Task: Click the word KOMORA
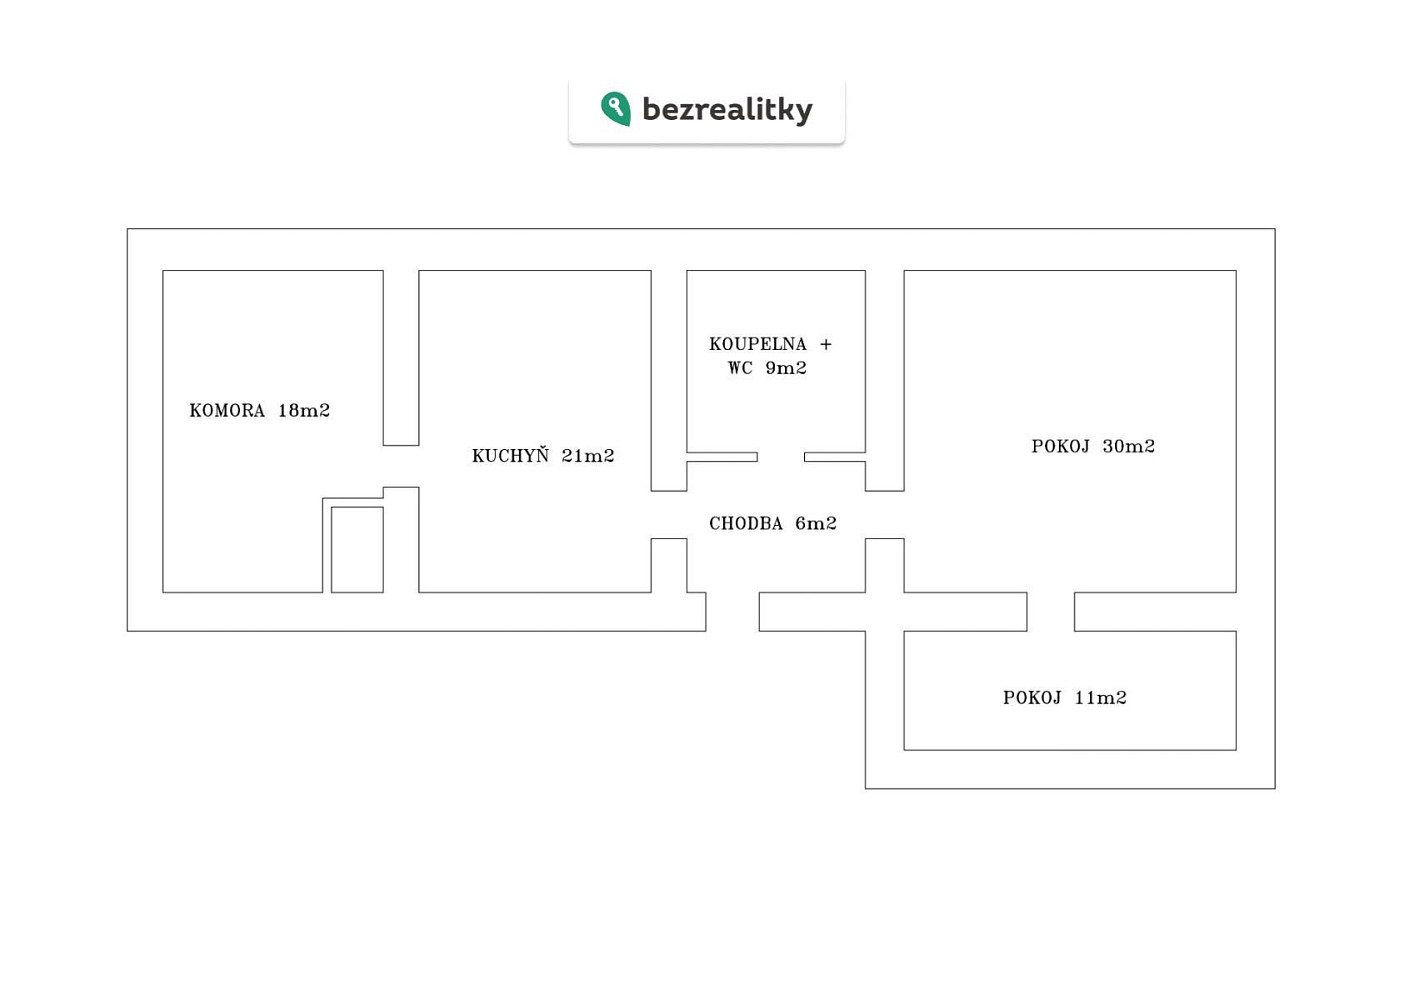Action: click(x=227, y=410)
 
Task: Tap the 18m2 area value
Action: click(x=304, y=410)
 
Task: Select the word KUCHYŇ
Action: click(x=510, y=455)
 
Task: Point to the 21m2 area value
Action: click(x=588, y=455)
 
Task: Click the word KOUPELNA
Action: click(x=758, y=344)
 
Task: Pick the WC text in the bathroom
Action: click(x=740, y=368)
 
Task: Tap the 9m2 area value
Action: click(x=786, y=368)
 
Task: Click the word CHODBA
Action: click(x=746, y=523)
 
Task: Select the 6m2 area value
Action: click(x=816, y=523)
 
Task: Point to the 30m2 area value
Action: click(x=1129, y=446)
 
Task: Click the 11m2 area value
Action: click(x=1100, y=698)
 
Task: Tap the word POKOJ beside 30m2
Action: click(x=1060, y=446)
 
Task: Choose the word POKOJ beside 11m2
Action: click(x=1032, y=698)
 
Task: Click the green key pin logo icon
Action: click(x=615, y=109)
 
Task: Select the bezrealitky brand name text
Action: click(x=727, y=109)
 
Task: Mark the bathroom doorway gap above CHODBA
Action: click(x=781, y=457)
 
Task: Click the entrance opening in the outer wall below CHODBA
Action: click(x=732, y=612)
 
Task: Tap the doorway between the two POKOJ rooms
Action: click(x=1050, y=612)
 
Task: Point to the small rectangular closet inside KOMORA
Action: click(x=357, y=550)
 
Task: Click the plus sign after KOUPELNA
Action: click(x=826, y=345)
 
